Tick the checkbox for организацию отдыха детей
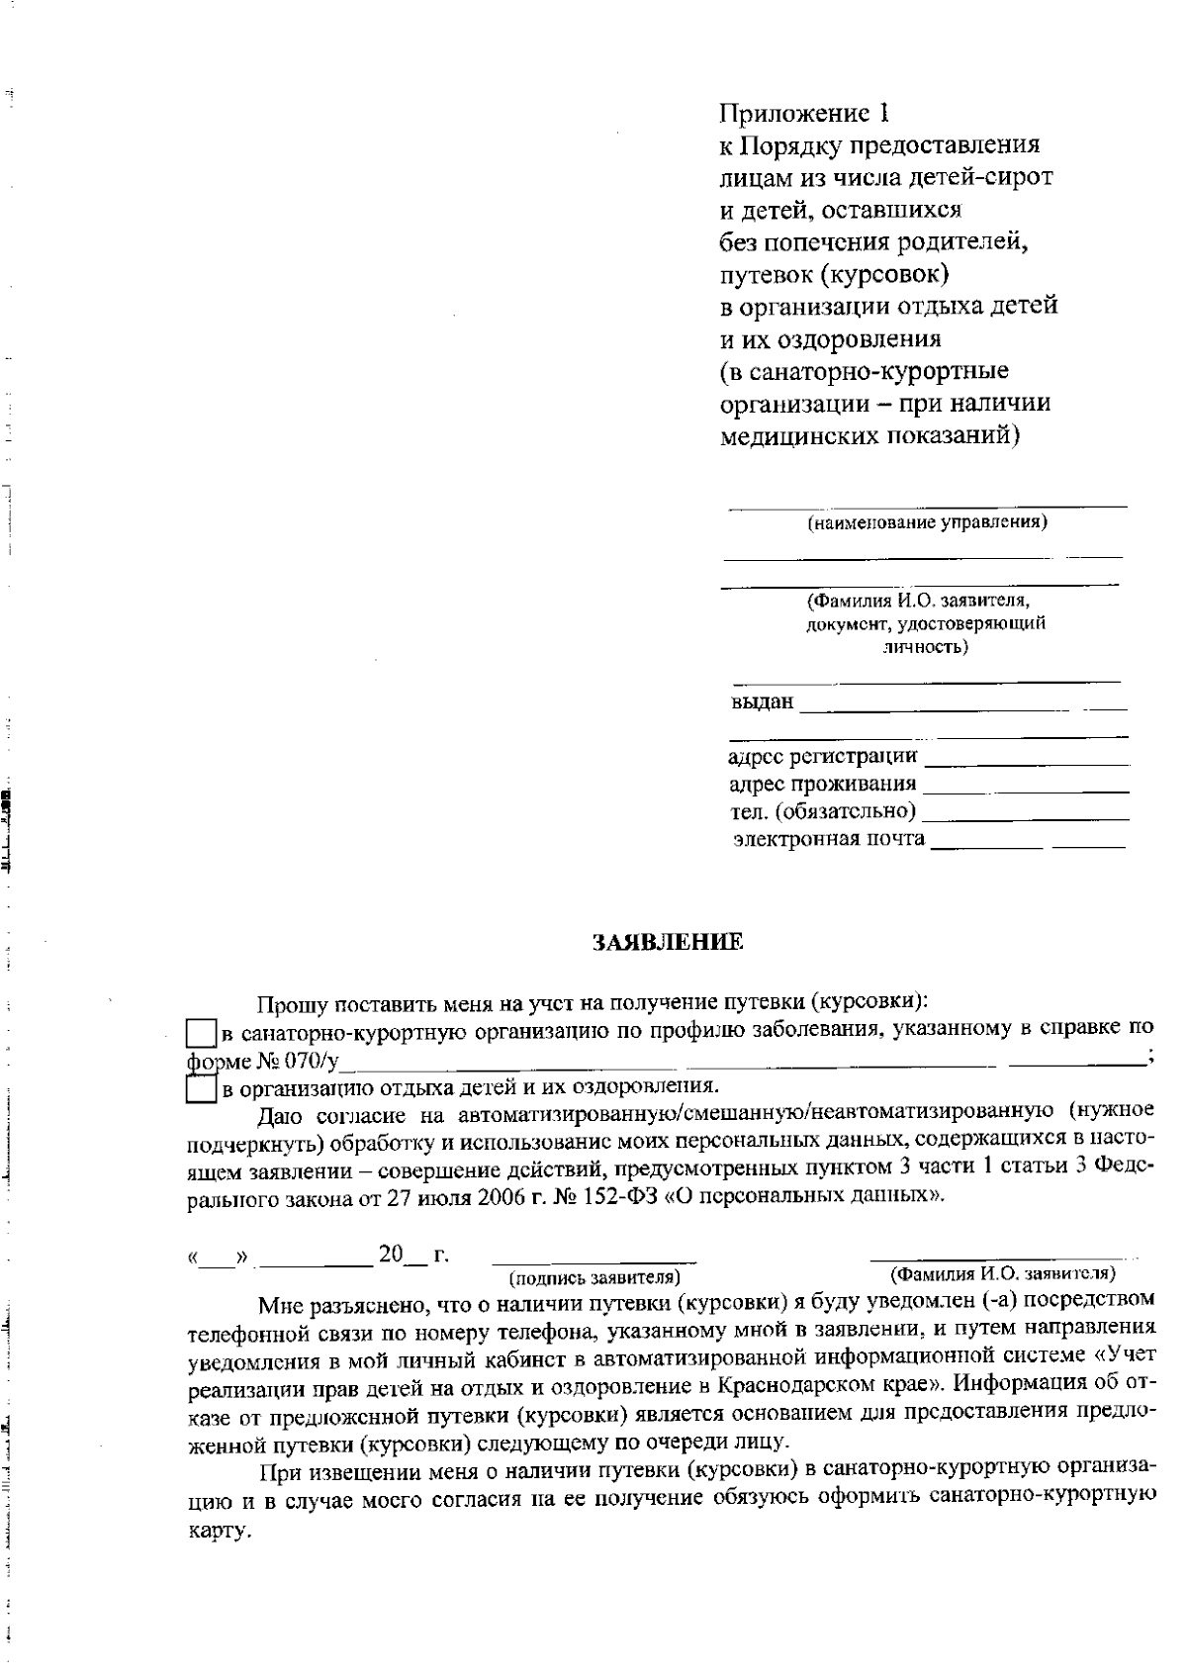coord(202,1089)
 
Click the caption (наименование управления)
coord(927,522)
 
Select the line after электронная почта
coord(1029,842)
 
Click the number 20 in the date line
coord(391,1255)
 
